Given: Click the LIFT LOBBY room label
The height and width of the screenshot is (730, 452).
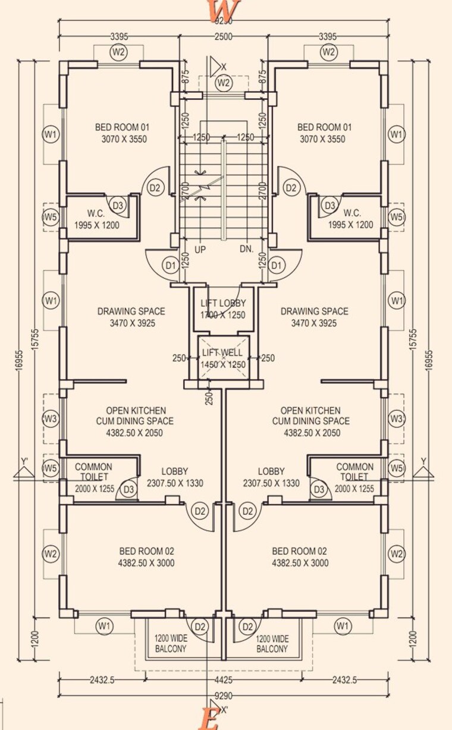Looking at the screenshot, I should pyautogui.click(x=223, y=303).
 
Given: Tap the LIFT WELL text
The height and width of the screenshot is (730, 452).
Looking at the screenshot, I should pyautogui.click(x=223, y=353).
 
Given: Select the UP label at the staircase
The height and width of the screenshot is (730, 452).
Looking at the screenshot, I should pyautogui.click(x=200, y=250).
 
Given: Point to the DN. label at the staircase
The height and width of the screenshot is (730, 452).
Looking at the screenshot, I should pyautogui.click(x=246, y=250).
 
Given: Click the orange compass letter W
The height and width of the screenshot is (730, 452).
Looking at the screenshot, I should pyautogui.click(x=223, y=10).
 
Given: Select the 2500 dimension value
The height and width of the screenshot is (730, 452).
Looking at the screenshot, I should pyautogui.click(x=224, y=37).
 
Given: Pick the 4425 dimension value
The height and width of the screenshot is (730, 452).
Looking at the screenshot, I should pyautogui.click(x=223, y=680).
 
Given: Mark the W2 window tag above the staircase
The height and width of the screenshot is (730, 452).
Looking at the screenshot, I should pyautogui.click(x=224, y=83).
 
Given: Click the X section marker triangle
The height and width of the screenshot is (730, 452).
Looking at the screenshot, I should pyautogui.click(x=214, y=65).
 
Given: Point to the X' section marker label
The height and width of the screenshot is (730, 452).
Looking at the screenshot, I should pyautogui.click(x=224, y=709).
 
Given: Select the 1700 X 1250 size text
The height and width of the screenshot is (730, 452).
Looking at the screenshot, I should pyautogui.click(x=223, y=316).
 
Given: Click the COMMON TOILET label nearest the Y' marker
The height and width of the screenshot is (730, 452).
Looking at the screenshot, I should pyautogui.click(x=93, y=472).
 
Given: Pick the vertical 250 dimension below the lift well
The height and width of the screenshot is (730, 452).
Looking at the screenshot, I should pyautogui.click(x=209, y=398).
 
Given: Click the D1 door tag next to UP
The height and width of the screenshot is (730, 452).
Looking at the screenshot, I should pyautogui.click(x=171, y=265).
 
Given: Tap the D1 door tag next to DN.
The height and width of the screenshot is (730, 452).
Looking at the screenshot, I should pyautogui.click(x=277, y=265).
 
